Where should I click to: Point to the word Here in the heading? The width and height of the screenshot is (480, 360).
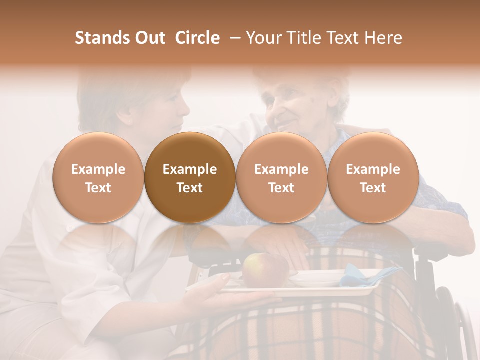(x=383, y=38)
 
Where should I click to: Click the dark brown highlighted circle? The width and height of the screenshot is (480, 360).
(x=190, y=177)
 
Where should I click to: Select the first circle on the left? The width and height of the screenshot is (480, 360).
(x=98, y=177)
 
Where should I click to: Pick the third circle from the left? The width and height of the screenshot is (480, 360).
(x=281, y=177)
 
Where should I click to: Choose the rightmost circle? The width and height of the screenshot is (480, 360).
(x=373, y=177)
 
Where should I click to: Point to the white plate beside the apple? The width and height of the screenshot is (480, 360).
(x=312, y=277)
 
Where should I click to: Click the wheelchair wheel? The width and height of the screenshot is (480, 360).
(x=462, y=325)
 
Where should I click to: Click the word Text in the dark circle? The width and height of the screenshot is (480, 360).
(x=190, y=188)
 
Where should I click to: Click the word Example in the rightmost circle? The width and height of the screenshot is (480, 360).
(x=373, y=169)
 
